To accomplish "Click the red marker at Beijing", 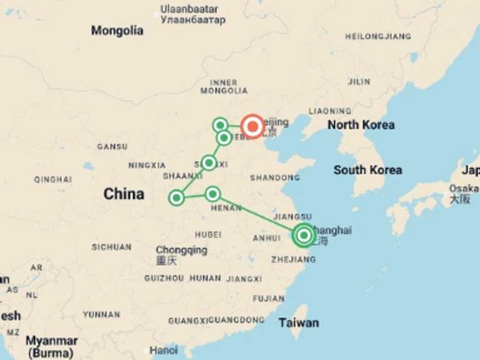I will click(x=252, y=126).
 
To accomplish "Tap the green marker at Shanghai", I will click(x=304, y=235).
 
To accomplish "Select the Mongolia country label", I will click(x=117, y=31).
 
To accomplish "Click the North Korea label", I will click(x=361, y=125).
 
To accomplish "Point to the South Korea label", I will click(x=367, y=170).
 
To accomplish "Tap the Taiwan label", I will click(x=299, y=322).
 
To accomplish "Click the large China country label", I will click(x=124, y=194).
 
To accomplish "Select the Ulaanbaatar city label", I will click(x=189, y=9).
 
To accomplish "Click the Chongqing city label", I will click(x=181, y=250).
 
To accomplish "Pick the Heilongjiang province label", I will click(x=378, y=36).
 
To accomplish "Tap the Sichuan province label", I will click(x=111, y=247).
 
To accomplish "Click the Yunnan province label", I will click(x=101, y=314).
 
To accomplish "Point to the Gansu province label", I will click(x=112, y=147).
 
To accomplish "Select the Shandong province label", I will click(x=274, y=178).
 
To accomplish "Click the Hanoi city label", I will click(x=164, y=350).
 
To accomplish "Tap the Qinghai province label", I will click(x=52, y=179).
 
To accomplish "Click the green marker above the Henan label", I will click(x=212, y=194).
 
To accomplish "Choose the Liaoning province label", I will click(x=329, y=111).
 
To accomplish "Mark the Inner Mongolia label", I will click(x=224, y=86).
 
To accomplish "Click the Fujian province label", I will click(x=269, y=299).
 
